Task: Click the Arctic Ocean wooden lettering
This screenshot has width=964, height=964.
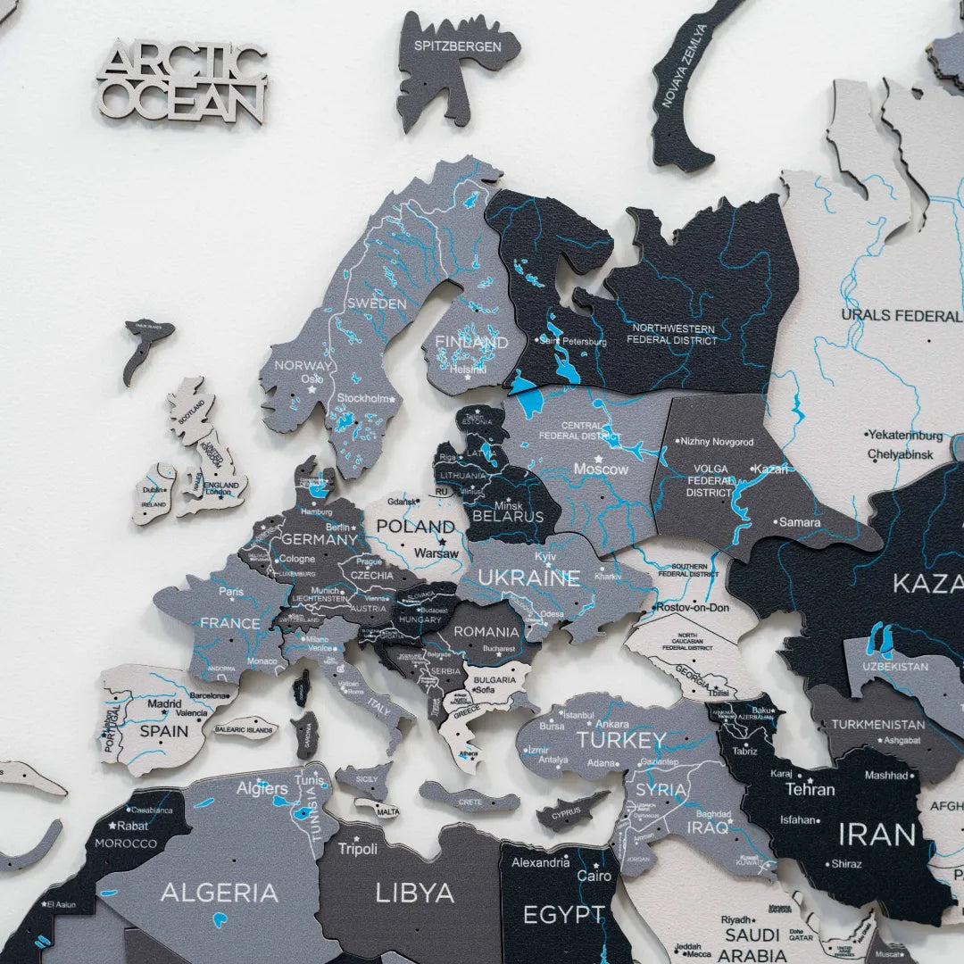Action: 183,82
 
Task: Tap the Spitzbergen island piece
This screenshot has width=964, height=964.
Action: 455,62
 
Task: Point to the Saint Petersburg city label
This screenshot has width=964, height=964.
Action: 572,341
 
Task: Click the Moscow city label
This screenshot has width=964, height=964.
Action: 601,469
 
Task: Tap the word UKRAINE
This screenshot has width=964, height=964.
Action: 528,578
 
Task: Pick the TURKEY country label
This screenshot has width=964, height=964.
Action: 621,740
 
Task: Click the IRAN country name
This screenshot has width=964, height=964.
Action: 876,835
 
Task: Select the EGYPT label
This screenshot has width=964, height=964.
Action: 563,915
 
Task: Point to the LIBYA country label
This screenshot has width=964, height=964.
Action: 414,893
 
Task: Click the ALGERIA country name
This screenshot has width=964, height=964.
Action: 219,893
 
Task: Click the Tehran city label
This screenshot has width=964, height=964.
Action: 810,789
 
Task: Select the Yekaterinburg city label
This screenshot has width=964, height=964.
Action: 905,436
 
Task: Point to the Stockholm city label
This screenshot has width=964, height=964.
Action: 363,398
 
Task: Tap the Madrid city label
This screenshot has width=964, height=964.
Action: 164,703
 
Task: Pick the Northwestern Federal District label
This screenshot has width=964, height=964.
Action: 671,334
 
